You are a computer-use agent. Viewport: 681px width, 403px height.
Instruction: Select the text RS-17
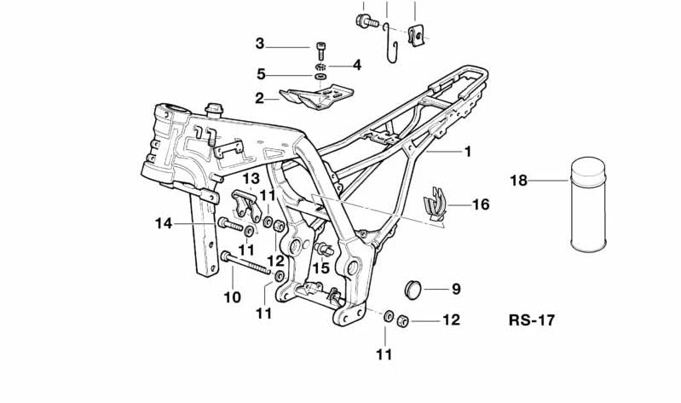530,321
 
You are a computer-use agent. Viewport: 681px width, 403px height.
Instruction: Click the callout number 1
467,152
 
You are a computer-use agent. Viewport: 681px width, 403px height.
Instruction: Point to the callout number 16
481,204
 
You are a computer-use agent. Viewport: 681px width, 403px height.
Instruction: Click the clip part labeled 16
437,207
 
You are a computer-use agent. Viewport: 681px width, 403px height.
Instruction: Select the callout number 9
455,290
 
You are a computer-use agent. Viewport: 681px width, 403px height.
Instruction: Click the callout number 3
260,44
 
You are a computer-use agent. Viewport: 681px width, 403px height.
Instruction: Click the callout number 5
261,74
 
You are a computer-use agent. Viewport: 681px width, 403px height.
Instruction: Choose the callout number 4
356,64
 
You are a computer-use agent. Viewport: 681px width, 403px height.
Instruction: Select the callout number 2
259,99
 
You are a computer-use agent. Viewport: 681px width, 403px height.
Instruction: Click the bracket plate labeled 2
320,96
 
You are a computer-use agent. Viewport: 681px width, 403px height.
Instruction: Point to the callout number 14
164,223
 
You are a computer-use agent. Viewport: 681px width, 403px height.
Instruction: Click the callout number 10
233,297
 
